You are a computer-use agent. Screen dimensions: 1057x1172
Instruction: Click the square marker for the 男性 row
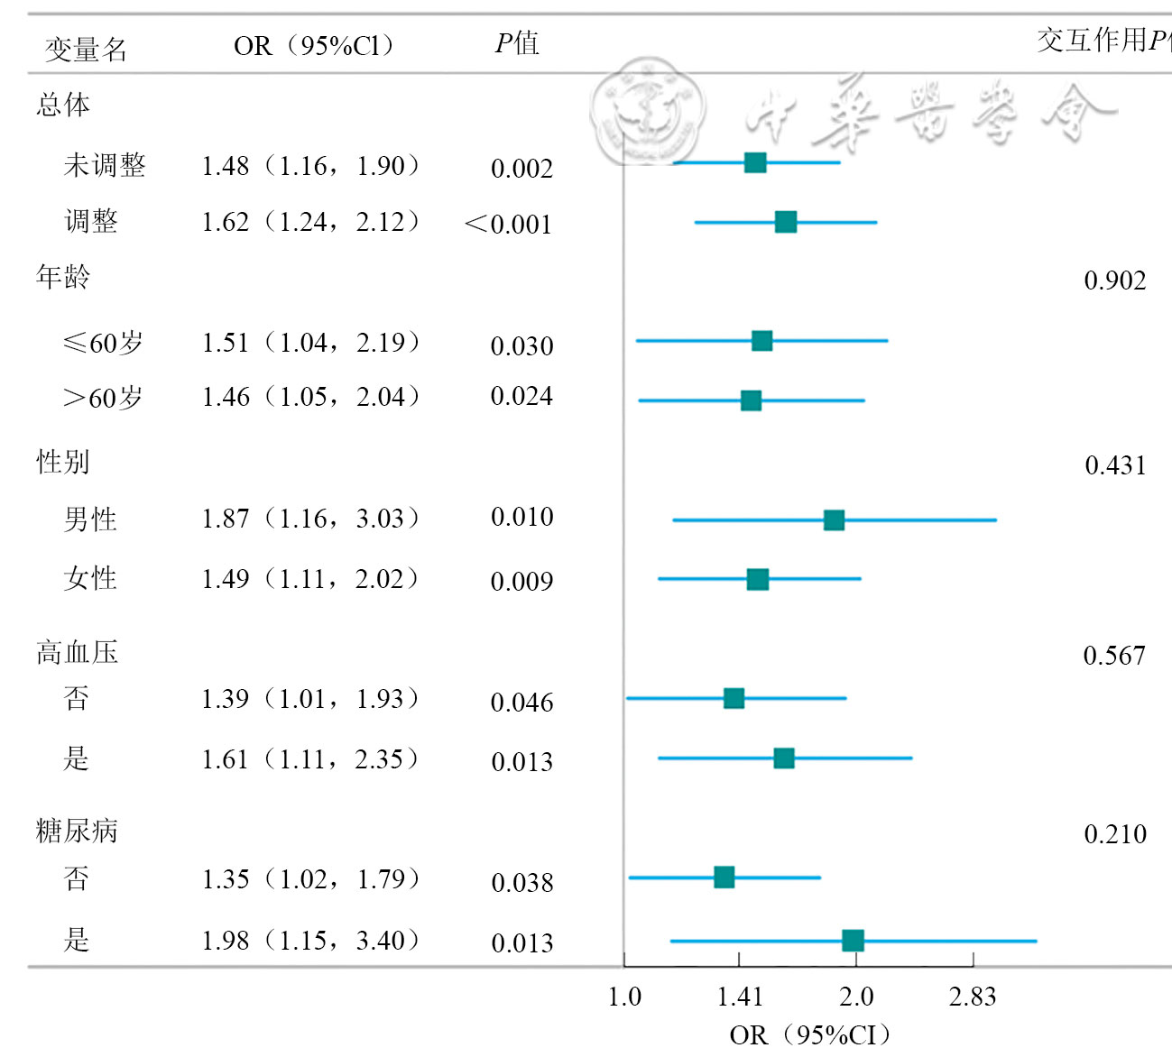coord(834,520)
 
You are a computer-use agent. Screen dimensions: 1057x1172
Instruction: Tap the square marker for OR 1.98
coord(853,941)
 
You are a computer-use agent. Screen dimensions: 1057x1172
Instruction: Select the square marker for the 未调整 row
coord(755,162)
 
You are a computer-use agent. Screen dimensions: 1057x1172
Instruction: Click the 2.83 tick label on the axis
coord(972,997)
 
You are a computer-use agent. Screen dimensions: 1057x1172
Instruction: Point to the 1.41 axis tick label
coord(740,997)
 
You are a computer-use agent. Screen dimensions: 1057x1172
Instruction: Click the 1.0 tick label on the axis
coord(624,997)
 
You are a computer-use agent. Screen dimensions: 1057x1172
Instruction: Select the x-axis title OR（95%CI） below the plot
coord(809,1034)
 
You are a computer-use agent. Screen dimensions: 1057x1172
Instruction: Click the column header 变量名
coord(86,49)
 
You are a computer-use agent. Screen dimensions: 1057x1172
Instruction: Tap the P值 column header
coord(517,43)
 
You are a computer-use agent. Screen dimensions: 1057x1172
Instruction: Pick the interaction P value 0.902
coord(1114,280)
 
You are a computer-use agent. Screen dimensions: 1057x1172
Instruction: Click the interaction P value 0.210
coord(1114,834)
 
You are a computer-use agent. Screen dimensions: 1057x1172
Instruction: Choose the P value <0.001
coord(508,224)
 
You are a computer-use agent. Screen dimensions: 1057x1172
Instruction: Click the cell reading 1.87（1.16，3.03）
coord(309,519)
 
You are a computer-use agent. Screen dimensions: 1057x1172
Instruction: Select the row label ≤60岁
coord(103,343)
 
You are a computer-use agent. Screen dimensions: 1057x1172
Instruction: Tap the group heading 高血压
coord(77,652)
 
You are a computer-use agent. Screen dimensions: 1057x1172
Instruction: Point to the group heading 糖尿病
coord(77,831)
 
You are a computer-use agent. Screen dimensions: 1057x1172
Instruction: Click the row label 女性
coord(90,578)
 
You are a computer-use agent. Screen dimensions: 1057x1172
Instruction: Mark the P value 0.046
coord(521,703)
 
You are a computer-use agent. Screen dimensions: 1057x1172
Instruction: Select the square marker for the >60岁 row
coord(751,400)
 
